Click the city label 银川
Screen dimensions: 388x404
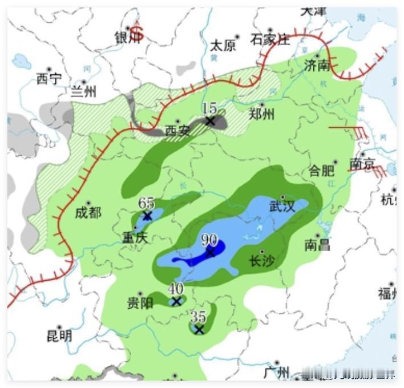point(127,38)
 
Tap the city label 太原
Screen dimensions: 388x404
point(223,46)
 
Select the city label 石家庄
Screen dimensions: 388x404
point(270,39)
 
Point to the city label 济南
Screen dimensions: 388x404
point(317,65)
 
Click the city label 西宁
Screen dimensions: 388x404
point(49,79)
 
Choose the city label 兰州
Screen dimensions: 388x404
point(83,92)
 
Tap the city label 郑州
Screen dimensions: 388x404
point(262,114)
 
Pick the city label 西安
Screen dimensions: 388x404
point(177,131)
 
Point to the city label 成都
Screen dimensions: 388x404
point(88,213)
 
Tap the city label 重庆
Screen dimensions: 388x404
point(135,237)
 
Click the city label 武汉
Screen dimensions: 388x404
point(282,206)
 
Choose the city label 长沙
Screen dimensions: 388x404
point(262,261)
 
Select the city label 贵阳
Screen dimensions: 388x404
point(140,303)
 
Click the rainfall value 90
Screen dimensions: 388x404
point(209,240)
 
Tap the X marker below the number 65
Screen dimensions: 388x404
point(147,216)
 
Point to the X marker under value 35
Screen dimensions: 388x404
point(199,330)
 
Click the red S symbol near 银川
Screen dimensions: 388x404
point(137,33)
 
